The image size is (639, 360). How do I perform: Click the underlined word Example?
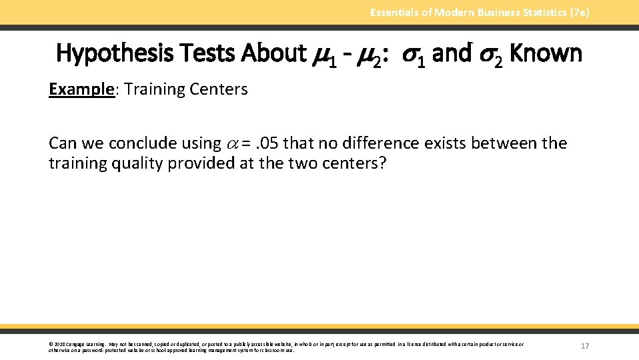79,90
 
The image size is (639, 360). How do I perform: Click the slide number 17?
585,346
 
